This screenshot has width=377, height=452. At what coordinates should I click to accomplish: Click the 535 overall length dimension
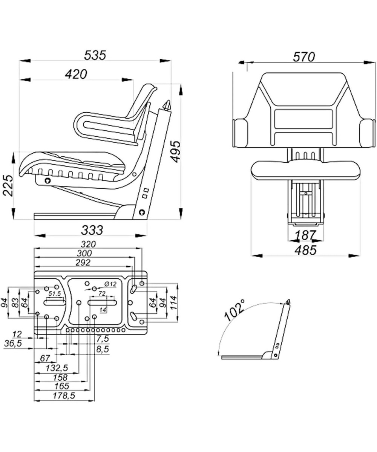click(95, 55)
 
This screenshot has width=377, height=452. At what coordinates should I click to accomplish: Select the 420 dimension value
click(76, 74)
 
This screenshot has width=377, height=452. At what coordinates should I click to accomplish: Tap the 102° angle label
click(234, 310)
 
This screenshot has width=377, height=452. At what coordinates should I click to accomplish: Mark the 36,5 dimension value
click(13, 344)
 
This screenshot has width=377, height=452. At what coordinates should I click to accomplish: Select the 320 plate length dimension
click(87, 244)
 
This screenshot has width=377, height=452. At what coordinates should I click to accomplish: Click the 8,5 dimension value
click(102, 349)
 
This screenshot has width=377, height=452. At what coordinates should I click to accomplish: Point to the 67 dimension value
click(45, 358)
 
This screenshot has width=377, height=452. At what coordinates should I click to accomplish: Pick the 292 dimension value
click(82, 262)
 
